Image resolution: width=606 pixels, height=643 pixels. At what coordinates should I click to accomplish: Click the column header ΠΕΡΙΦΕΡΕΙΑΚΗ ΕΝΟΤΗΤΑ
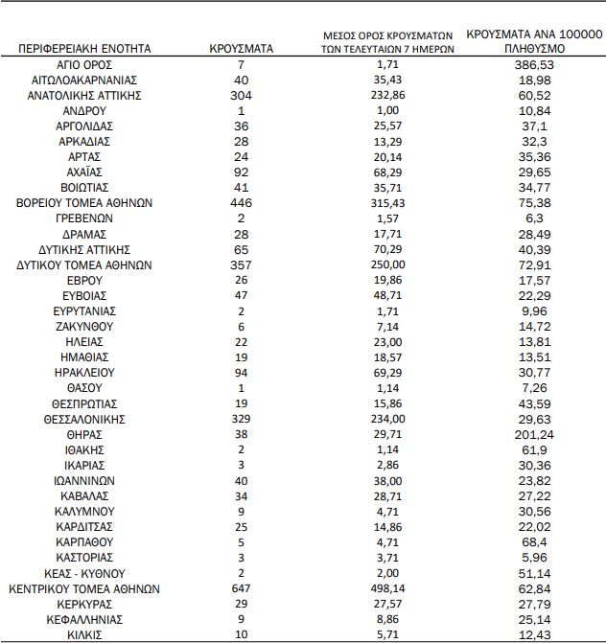pos(87,48)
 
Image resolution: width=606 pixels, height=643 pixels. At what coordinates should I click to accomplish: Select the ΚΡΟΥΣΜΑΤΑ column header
pos(242,48)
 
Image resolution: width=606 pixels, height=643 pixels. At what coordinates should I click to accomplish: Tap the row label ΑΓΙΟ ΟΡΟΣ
pos(86,64)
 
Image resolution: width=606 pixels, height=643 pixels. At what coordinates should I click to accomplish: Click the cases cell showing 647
pos(242,588)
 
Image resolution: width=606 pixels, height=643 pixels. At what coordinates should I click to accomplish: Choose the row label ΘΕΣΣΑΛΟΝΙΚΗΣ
pos(86,419)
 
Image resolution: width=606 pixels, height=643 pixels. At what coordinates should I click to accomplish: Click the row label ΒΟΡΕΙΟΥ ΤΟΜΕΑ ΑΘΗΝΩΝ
pos(86,203)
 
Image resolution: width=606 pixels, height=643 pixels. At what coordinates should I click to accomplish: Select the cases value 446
pos(242,203)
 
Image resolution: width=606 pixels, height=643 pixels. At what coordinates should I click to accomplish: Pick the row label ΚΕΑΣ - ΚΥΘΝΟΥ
pos(86,573)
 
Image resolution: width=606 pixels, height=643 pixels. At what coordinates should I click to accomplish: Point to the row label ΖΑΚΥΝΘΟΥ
pos(86,326)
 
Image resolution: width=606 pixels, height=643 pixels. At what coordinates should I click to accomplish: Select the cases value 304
pos(242,95)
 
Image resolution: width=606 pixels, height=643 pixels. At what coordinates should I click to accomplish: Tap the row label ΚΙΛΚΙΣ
pos(86,634)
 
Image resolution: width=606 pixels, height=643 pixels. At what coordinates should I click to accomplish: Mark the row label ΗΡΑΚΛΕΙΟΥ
pos(86,373)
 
